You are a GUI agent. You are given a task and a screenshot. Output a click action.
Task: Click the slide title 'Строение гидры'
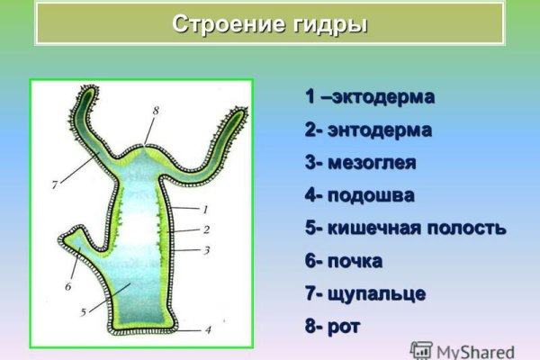pos(269,23)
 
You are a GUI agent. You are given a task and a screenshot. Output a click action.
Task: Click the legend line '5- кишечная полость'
pos(405,229)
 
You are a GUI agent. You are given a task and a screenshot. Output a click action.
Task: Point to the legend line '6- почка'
pos(344,261)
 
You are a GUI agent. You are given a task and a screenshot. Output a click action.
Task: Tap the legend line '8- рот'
pos(332,327)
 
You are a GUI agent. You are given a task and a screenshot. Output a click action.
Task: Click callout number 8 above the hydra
pos(155,110)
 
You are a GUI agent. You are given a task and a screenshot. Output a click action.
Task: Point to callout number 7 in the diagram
pos(55,184)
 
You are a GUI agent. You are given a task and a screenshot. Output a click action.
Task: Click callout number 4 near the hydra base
pos(208,330)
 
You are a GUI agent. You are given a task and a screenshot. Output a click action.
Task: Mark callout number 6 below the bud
pos(67,286)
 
